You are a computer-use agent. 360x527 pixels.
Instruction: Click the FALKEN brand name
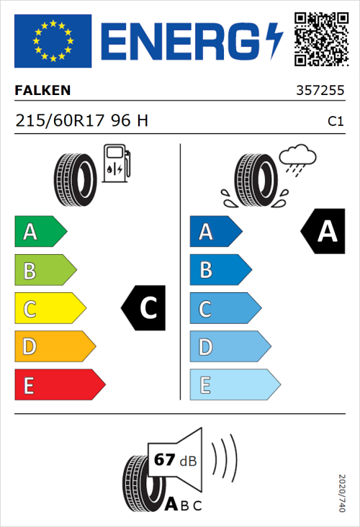(x=42, y=91)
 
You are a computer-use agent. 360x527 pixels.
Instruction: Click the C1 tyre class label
(x=335, y=122)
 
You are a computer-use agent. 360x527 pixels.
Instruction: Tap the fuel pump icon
(x=116, y=163)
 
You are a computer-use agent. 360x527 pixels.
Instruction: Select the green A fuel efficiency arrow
(x=40, y=232)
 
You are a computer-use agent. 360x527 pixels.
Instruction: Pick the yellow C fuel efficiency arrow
(x=49, y=309)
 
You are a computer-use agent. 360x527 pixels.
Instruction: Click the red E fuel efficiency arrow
(x=59, y=385)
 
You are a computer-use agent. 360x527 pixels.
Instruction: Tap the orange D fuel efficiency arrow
(x=54, y=347)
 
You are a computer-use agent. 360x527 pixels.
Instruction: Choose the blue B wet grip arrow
(x=220, y=270)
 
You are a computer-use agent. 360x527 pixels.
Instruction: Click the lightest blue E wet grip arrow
(x=234, y=385)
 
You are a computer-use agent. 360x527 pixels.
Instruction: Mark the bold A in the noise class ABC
(x=173, y=505)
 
